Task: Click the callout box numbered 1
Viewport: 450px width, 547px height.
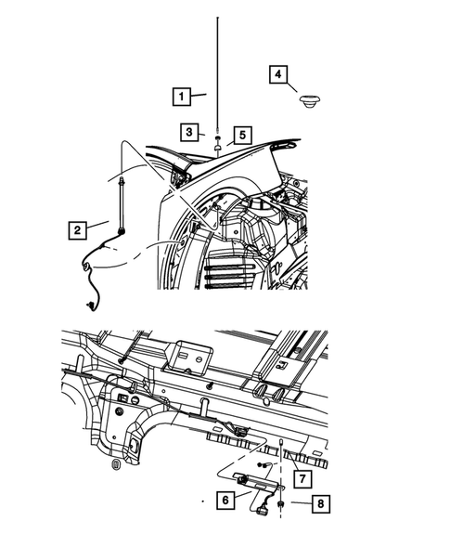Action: (182, 97)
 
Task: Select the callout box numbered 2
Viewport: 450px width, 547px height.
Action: (77, 230)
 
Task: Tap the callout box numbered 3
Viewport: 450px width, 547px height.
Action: (189, 132)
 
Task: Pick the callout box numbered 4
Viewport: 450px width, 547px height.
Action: (278, 74)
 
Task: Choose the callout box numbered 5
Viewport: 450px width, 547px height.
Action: (242, 135)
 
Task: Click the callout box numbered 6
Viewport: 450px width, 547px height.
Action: (225, 501)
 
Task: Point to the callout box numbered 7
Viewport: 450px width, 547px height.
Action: (302, 478)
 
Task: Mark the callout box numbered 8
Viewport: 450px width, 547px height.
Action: (321, 503)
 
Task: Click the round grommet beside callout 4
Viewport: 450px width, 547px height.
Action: (310, 100)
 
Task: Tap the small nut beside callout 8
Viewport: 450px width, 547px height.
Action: (280, 503)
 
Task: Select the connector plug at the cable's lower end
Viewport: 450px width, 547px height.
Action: (89, 306)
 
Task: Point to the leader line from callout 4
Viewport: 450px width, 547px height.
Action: (292, 87)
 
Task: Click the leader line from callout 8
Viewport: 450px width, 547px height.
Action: (302, 503)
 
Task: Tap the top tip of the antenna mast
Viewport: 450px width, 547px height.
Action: (217, 18)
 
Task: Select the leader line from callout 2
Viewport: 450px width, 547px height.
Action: (97, 225)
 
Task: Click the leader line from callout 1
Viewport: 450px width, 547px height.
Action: (199, 95)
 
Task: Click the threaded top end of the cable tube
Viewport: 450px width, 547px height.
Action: (122, 181)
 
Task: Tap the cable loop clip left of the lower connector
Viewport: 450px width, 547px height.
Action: (85, 267)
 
